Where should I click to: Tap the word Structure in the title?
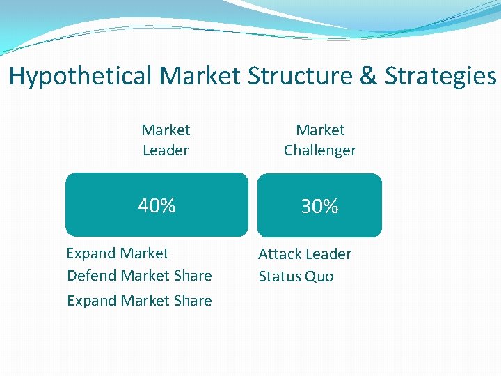(x=305, y=76)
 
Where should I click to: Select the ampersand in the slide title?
(x=369, y=76)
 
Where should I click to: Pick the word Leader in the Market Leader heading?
(x=166, y=150)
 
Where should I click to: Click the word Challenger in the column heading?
(x=320, y=150)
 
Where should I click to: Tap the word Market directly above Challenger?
(x=320, y=130)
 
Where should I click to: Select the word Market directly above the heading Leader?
(x=166, y=130)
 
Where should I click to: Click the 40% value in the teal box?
(x=157, y=206)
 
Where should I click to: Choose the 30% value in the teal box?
(x=319, y=207)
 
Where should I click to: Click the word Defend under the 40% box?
(x=92, y=276)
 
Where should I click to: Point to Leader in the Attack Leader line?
(x=328, y=254)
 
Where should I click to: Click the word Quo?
(x=319, y=276)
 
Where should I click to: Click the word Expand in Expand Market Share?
(x=91, y=301)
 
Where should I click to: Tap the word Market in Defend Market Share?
(x=145, y=276)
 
